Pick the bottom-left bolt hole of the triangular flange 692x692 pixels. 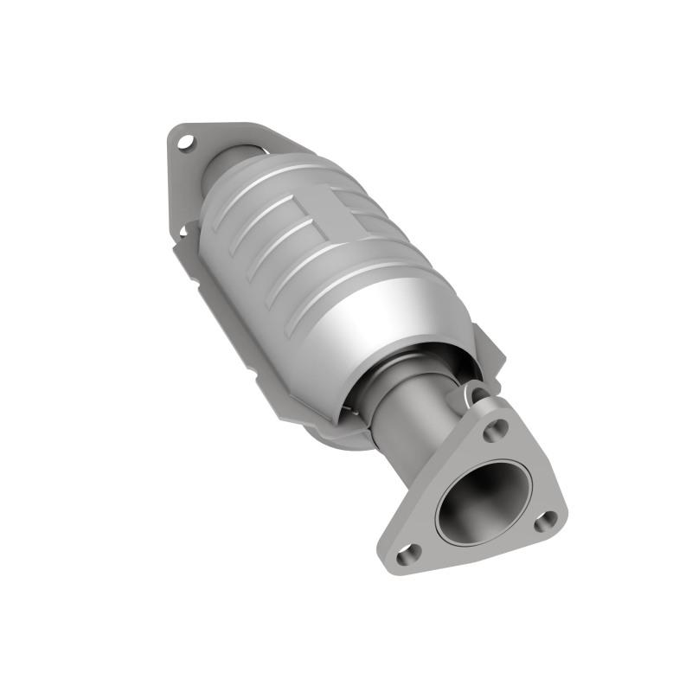(413, 550)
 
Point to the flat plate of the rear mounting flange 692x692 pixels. (212, 143)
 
